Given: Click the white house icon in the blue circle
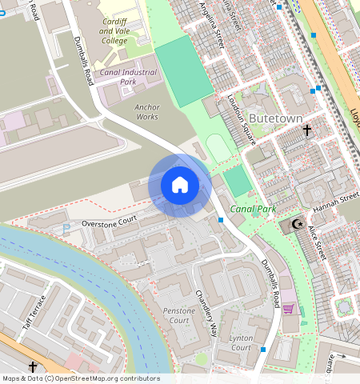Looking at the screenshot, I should [x=180, y=185].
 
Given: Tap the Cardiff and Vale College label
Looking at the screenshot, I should [x=113, y=31].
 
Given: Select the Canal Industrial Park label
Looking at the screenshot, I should [x=128, y=77].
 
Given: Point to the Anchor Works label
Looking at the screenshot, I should [x=147, y=111].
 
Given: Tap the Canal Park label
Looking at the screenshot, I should [x=253, y=209].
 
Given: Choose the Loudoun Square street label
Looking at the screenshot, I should [x=241, y=120].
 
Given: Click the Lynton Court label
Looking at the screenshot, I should [x=241, y=342].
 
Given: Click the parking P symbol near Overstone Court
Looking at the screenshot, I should [x=66, y=229].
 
